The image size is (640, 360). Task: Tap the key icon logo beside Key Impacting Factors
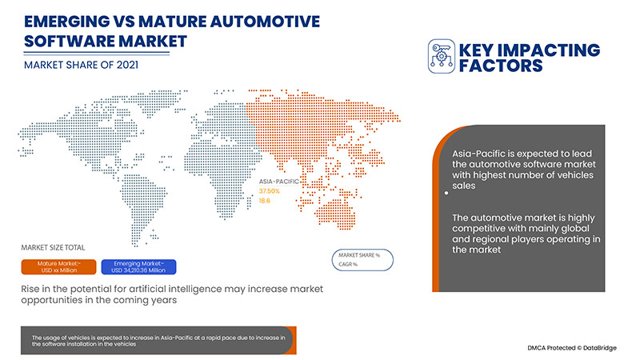coord(442,54)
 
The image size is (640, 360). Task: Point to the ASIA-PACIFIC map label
coord(279,182)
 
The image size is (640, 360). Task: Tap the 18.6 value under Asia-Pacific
coord(264,201)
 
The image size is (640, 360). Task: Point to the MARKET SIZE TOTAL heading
coord(53,247)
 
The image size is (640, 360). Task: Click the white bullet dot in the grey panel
coord(444,191)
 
